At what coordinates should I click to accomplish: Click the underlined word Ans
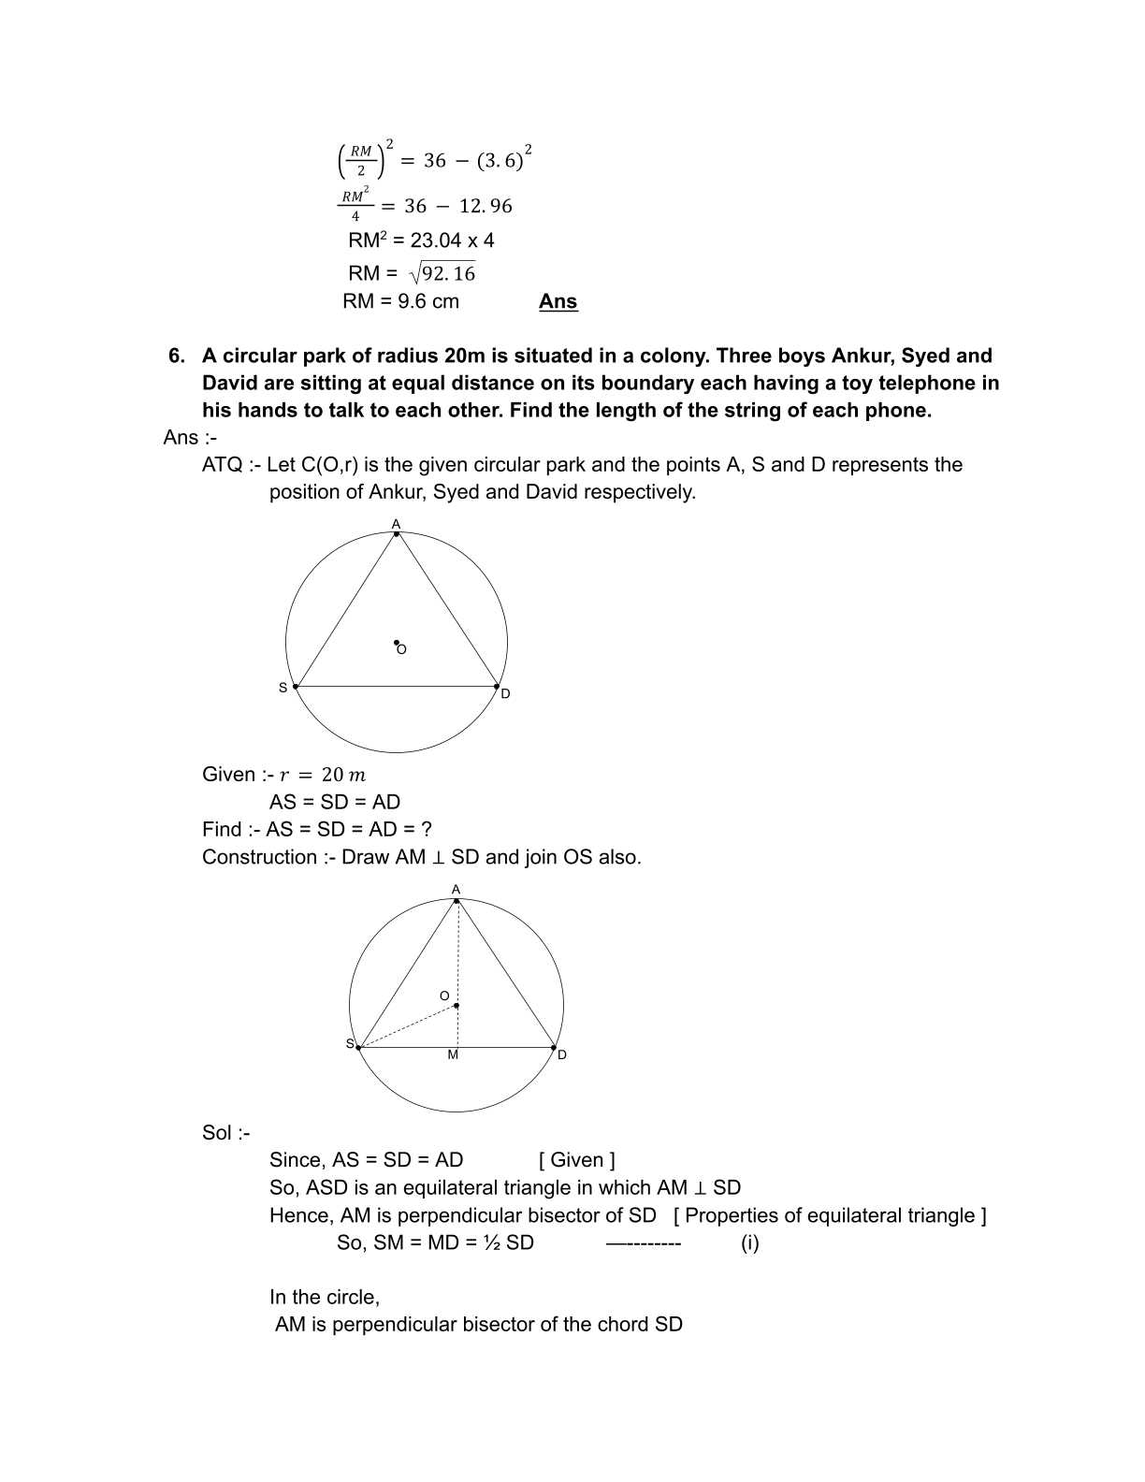click(558, 301)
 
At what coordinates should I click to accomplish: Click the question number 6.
click(176, 356)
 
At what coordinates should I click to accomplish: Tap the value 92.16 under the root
click(449, 274)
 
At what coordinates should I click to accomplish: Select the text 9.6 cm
click(428, 301)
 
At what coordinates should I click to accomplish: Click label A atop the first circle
click(396, 523)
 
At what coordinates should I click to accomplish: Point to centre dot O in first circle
click(396, 643)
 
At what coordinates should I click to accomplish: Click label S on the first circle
click(283, 688)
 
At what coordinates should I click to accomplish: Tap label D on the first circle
click(505, 694)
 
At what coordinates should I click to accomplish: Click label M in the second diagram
click(453, 1055)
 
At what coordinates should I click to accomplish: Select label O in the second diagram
click(444, 995)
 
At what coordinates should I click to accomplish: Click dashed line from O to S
click(408, 1026)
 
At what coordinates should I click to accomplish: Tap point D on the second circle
click(554, 1048)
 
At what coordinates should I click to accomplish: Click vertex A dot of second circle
click(457, 901)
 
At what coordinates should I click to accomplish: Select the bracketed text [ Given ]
click(577, 1160)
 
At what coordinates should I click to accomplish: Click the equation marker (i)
click(749, 1243)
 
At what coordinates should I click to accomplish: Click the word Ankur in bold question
click(861, 356)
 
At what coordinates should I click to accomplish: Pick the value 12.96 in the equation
click(486, 207)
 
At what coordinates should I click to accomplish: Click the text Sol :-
click(225, 1133)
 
